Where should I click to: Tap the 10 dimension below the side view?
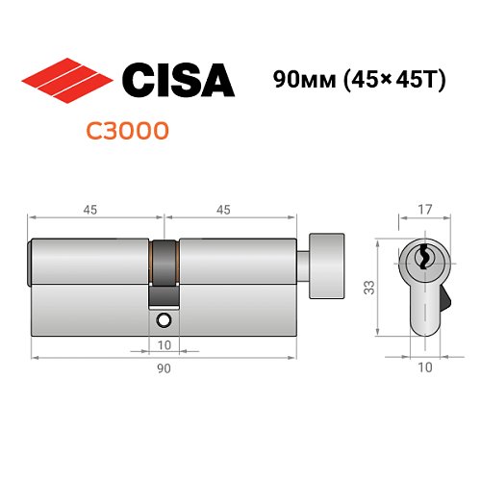click(163, 343)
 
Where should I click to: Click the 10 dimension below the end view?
click(424, 367)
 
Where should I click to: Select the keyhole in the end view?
click(424, 258)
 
